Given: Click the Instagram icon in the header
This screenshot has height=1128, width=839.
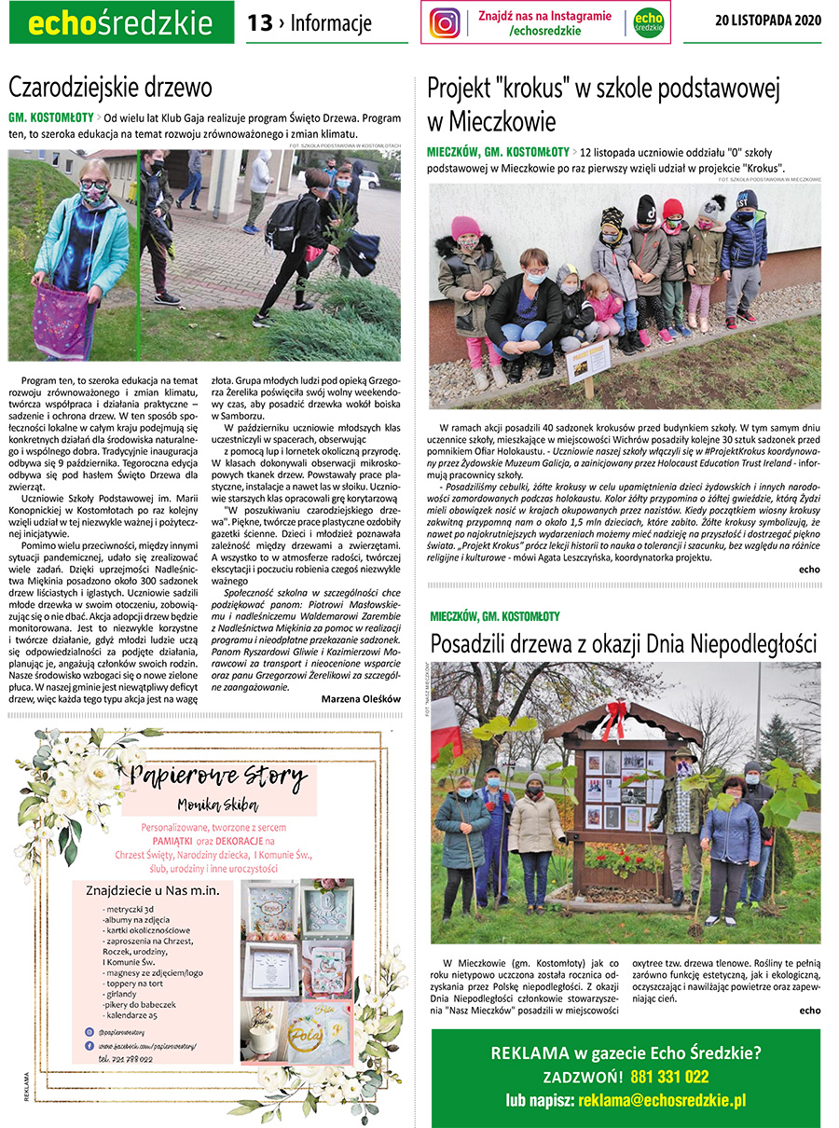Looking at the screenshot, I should click(x=445, y=22).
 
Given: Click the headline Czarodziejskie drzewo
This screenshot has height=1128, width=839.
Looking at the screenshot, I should click(x=110, y=88).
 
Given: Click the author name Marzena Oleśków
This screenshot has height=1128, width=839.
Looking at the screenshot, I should click(x=361, y=698).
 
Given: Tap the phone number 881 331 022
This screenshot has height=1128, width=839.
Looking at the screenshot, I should click(x=669, y=1077).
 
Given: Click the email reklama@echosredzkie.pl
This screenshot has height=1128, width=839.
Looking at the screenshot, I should click(x=662, y=1100).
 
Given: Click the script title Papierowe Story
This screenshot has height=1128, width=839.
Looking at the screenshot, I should click(x=218, y=776).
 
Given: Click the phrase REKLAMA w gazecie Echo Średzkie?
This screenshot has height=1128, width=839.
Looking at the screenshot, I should click(x=626, y=1052).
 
